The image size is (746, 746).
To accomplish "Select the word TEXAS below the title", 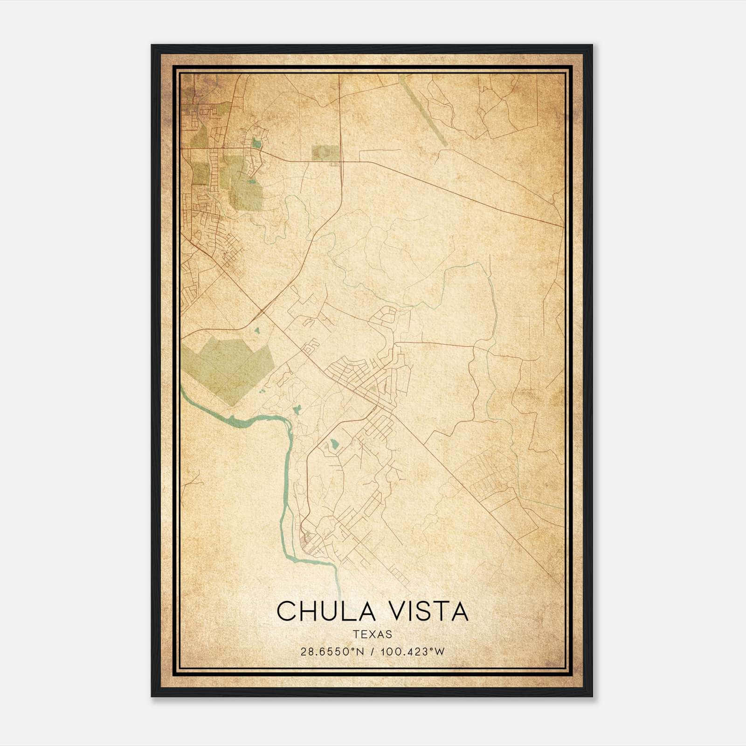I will [373, 634].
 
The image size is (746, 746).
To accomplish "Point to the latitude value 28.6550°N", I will [332, 651].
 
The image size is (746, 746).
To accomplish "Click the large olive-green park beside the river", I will [228, 368].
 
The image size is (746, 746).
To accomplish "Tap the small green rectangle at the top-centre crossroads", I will [326, 152].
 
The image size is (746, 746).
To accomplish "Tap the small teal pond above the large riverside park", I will [256, 331].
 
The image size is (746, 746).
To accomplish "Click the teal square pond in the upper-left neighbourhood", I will [256, 143].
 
